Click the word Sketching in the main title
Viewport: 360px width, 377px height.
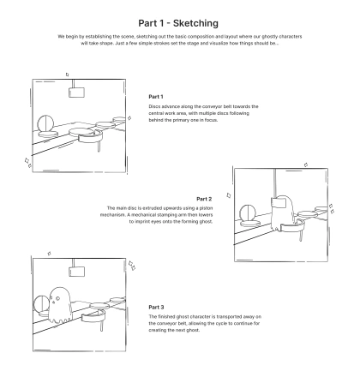[x=195, y=23]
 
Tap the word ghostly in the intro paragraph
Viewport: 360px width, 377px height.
[x=269, y=37]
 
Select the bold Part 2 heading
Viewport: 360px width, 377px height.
[x=204, y=199]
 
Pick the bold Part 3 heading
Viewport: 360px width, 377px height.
[x=156, y=307]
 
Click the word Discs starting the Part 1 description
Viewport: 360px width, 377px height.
[x=154, y=106]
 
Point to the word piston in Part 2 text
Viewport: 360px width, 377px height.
[x=206, y=208]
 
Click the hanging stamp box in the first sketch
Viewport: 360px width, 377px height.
[x=76, y=93]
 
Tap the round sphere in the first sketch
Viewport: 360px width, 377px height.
[x=45, y=123]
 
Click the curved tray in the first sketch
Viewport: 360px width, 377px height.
[x=90, y=137]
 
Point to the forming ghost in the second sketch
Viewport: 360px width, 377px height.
[x=282, y=212]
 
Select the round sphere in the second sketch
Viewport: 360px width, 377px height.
[x=248, y=213]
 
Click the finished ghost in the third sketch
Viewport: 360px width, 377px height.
[x=59, y=305]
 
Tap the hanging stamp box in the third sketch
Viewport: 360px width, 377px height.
[x=76, y=272]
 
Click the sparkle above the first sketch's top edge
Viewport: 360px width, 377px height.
[x=67, y=75]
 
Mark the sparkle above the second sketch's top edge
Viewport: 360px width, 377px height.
[x=306, y=165]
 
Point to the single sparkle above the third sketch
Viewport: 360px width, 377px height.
[x=49, y=254]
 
